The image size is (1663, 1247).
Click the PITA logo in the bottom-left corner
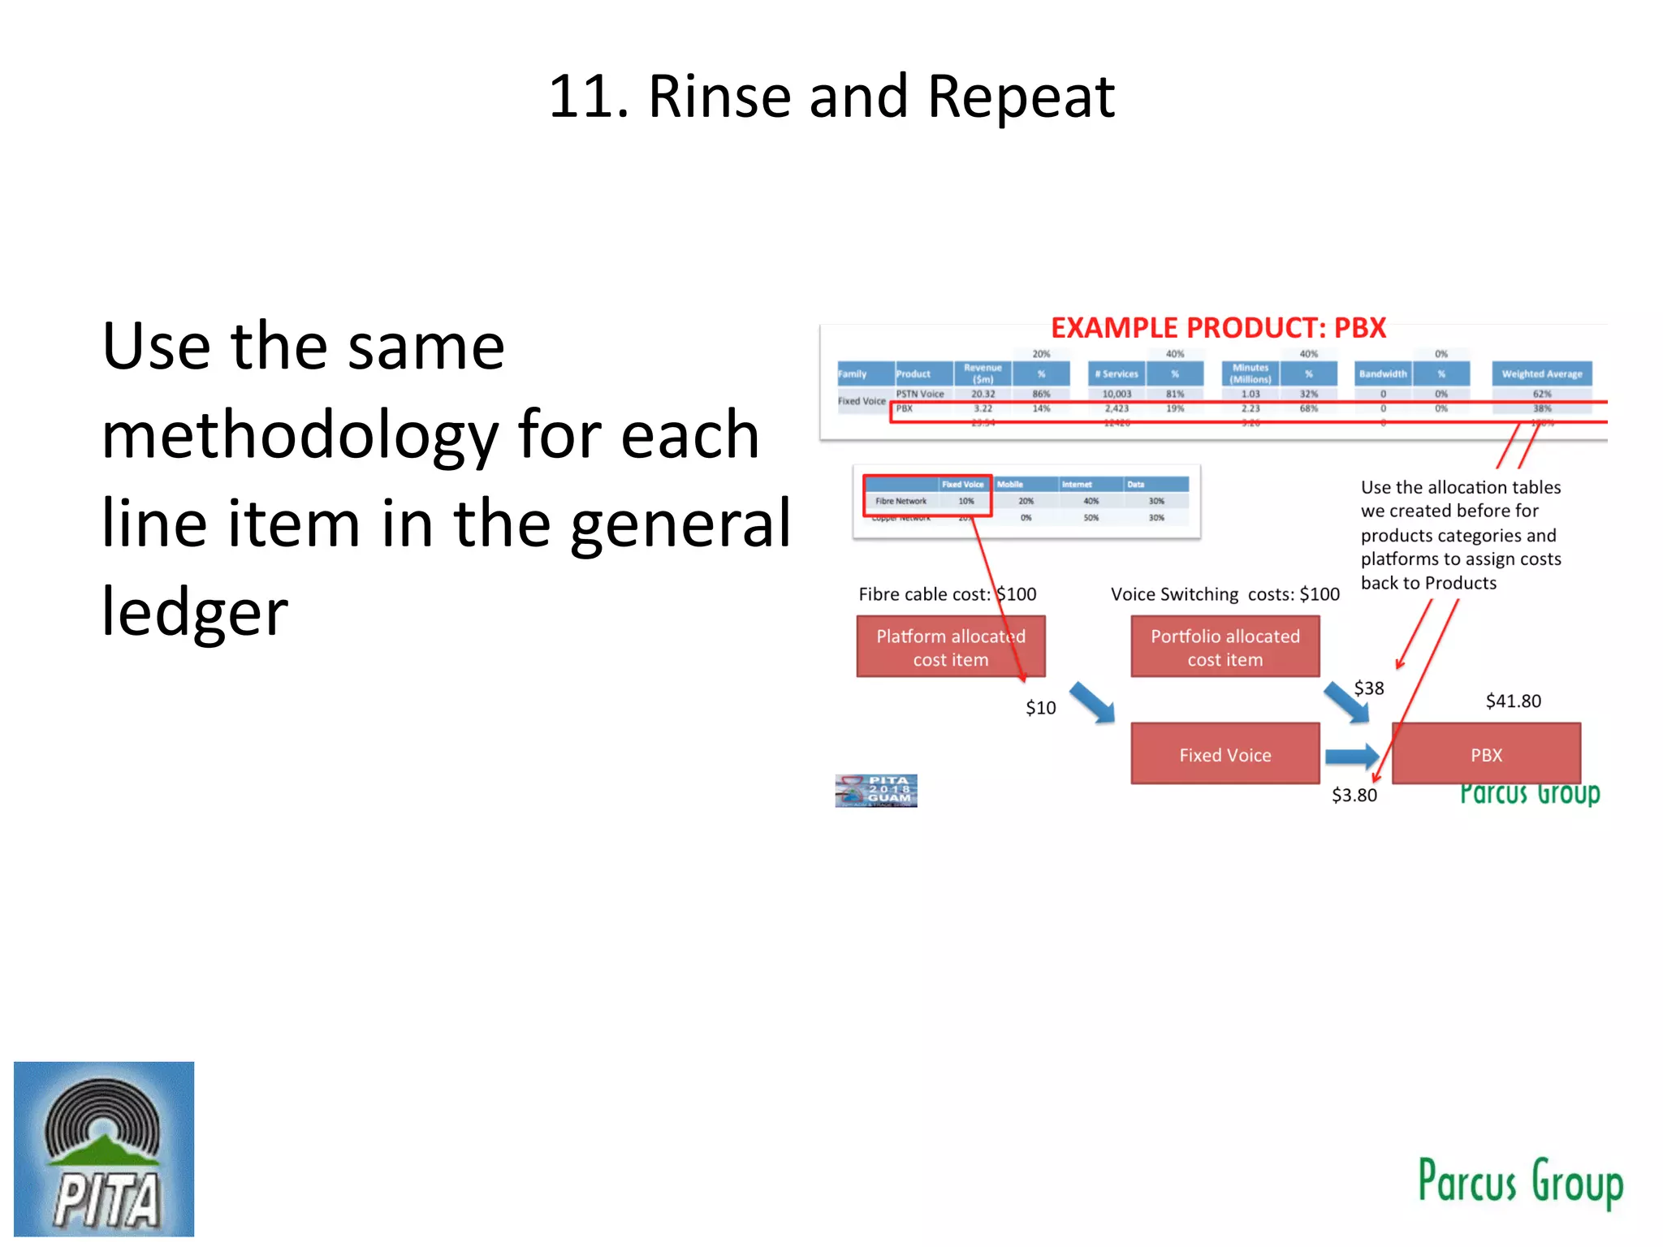click(x=104, y=1149)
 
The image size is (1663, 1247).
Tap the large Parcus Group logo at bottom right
click(x=1520, y=1183)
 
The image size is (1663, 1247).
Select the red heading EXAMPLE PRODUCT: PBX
click(x=1218, y=328)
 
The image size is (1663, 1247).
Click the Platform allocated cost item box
click(x=950, y=647)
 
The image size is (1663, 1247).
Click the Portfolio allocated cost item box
click(x=1225, y=647)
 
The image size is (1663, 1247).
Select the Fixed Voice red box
click(x=1225, y=754)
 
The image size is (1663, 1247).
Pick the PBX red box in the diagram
click(x=1486, y=754)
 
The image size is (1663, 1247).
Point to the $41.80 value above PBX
click(x=1513, y=701)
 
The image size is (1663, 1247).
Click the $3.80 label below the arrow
click(x=1354, y=795)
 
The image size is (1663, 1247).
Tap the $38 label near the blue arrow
click(x=1369, y=688)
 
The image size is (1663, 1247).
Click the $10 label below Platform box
click(x=1040, y=708)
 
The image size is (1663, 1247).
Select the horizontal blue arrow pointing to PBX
click(x=1351, y=757)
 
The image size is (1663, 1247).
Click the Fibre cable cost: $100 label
click(x=947, y=594)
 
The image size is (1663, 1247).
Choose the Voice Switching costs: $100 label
click(x=1225, y=594)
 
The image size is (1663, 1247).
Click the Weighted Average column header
click(x=1541, y=374)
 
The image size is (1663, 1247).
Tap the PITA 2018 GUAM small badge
click(x=876, y=790)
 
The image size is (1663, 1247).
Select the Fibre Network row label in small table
click(x=901, y=501)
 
